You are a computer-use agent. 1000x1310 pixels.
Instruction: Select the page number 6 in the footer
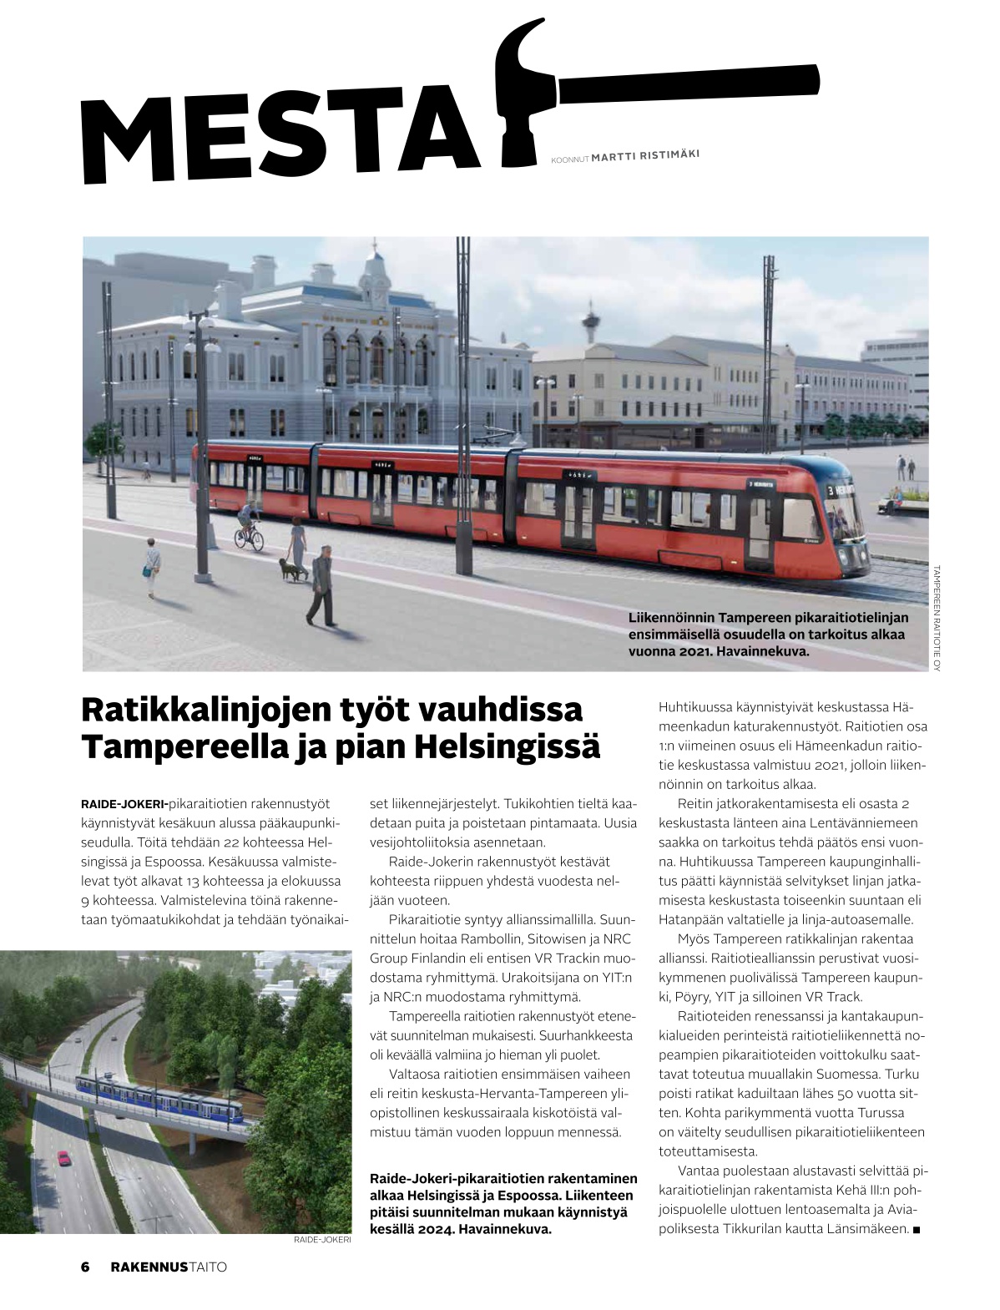pos(85,1267)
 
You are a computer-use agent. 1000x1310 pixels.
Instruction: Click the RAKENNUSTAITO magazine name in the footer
pos(169,1267)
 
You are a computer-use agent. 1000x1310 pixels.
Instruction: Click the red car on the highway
pos(63,1157)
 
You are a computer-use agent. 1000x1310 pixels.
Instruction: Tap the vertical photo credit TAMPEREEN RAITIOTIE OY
pos(937,618)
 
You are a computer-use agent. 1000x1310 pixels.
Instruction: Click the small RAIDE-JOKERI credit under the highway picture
pos(322,1241)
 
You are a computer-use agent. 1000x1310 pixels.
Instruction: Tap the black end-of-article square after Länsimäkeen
pos(917,1230)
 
